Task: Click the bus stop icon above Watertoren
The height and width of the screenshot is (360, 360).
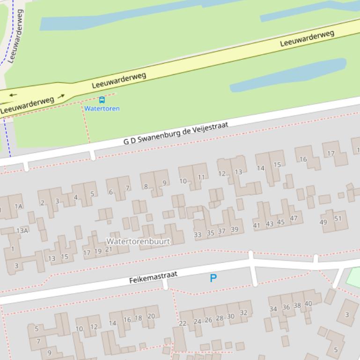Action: click(x=102, y=100)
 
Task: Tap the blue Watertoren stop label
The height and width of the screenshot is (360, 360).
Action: click(x=102, y=108)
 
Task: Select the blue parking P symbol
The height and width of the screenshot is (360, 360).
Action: click(x=213, y=279)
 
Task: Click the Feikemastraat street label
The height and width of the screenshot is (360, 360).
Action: click(x=153, y=277)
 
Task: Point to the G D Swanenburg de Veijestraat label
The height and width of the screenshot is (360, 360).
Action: click(x=176, y=133)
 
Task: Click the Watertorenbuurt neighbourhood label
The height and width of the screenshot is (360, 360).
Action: click(x=138, y=241)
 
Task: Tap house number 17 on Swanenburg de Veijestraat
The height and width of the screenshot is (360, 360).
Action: click(x=331, y=153)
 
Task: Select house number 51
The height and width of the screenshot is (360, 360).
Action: click(x=338, y=219)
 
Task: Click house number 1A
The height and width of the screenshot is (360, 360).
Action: click(x=18, y=206)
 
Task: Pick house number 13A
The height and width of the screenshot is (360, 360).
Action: click(x=22, y=230)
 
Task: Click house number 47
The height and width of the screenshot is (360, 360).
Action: click(x=294, y=218)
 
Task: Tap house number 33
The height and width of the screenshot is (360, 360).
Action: click(x=198, y=235)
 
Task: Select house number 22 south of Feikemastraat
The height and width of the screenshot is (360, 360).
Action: click(x=183, y=323)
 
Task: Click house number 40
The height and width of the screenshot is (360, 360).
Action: click(x=308, y=304)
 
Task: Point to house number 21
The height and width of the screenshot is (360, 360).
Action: click(x=108, y=249)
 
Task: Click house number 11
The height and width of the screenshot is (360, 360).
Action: click(x=201, y=177)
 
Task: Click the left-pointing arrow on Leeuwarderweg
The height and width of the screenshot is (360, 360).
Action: click(x=13, y=95)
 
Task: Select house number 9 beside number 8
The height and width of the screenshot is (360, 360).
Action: click(x=164, y=183)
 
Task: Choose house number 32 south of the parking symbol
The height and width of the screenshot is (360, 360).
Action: click(x=243, y=313)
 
